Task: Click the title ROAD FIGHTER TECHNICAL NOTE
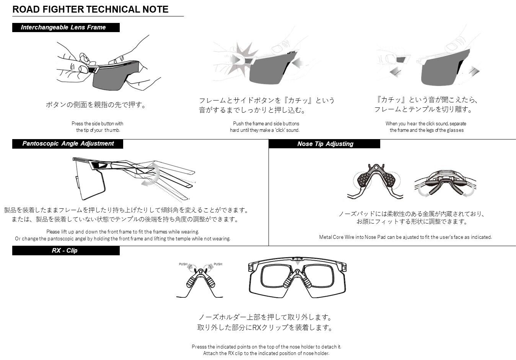tap(90, 10)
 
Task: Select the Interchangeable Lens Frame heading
tap(63, 28)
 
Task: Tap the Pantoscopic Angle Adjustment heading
tap(68, 144)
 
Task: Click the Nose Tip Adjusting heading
tap(325, 144)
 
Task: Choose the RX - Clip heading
tap(64, 251)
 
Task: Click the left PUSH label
tap(183, 264)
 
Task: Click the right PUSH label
tap(218, 264)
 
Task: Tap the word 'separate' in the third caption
tap(458, 124)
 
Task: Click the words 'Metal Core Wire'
tap(336, 237)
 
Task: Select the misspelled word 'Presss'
tap(199, 347)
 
